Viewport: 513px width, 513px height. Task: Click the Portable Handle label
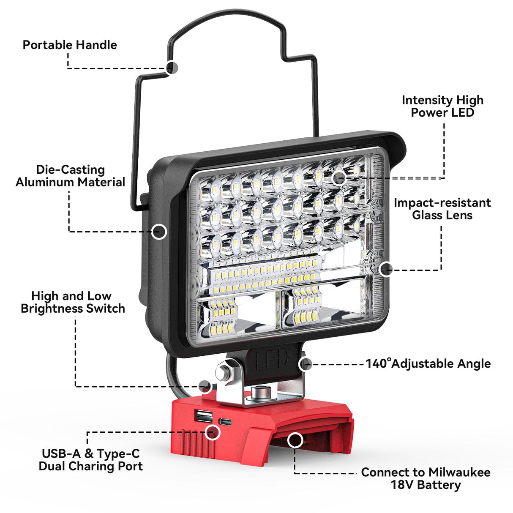pyautogui.click(x=70, y=45)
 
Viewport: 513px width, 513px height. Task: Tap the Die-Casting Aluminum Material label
pyautogui.click(x=71, y=176)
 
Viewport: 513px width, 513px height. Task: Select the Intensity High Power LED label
pyautogui.click(x=442, y=106)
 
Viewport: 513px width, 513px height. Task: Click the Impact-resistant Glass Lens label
pyautogui.click(x=442, y=209)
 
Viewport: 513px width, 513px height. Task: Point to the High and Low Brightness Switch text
pyautogui.click(x=73, y=302)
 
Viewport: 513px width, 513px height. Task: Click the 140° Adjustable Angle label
pyautogui.click(x=428, y=363)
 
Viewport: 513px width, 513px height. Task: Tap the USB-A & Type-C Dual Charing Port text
pyautogui.click(x=90, y=460)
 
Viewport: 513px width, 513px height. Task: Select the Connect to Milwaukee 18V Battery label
pyautogui.click(x=426, y=478)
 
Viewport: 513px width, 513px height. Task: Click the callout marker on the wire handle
pyautogui.click(x=172, y=68)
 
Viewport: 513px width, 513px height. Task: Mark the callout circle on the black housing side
pyautogui.click(x=159, y=232)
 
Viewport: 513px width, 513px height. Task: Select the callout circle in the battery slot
pyautogui.click(x=295, y=440)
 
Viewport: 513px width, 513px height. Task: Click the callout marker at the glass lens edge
pyautogui.click(x=385, y=269)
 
